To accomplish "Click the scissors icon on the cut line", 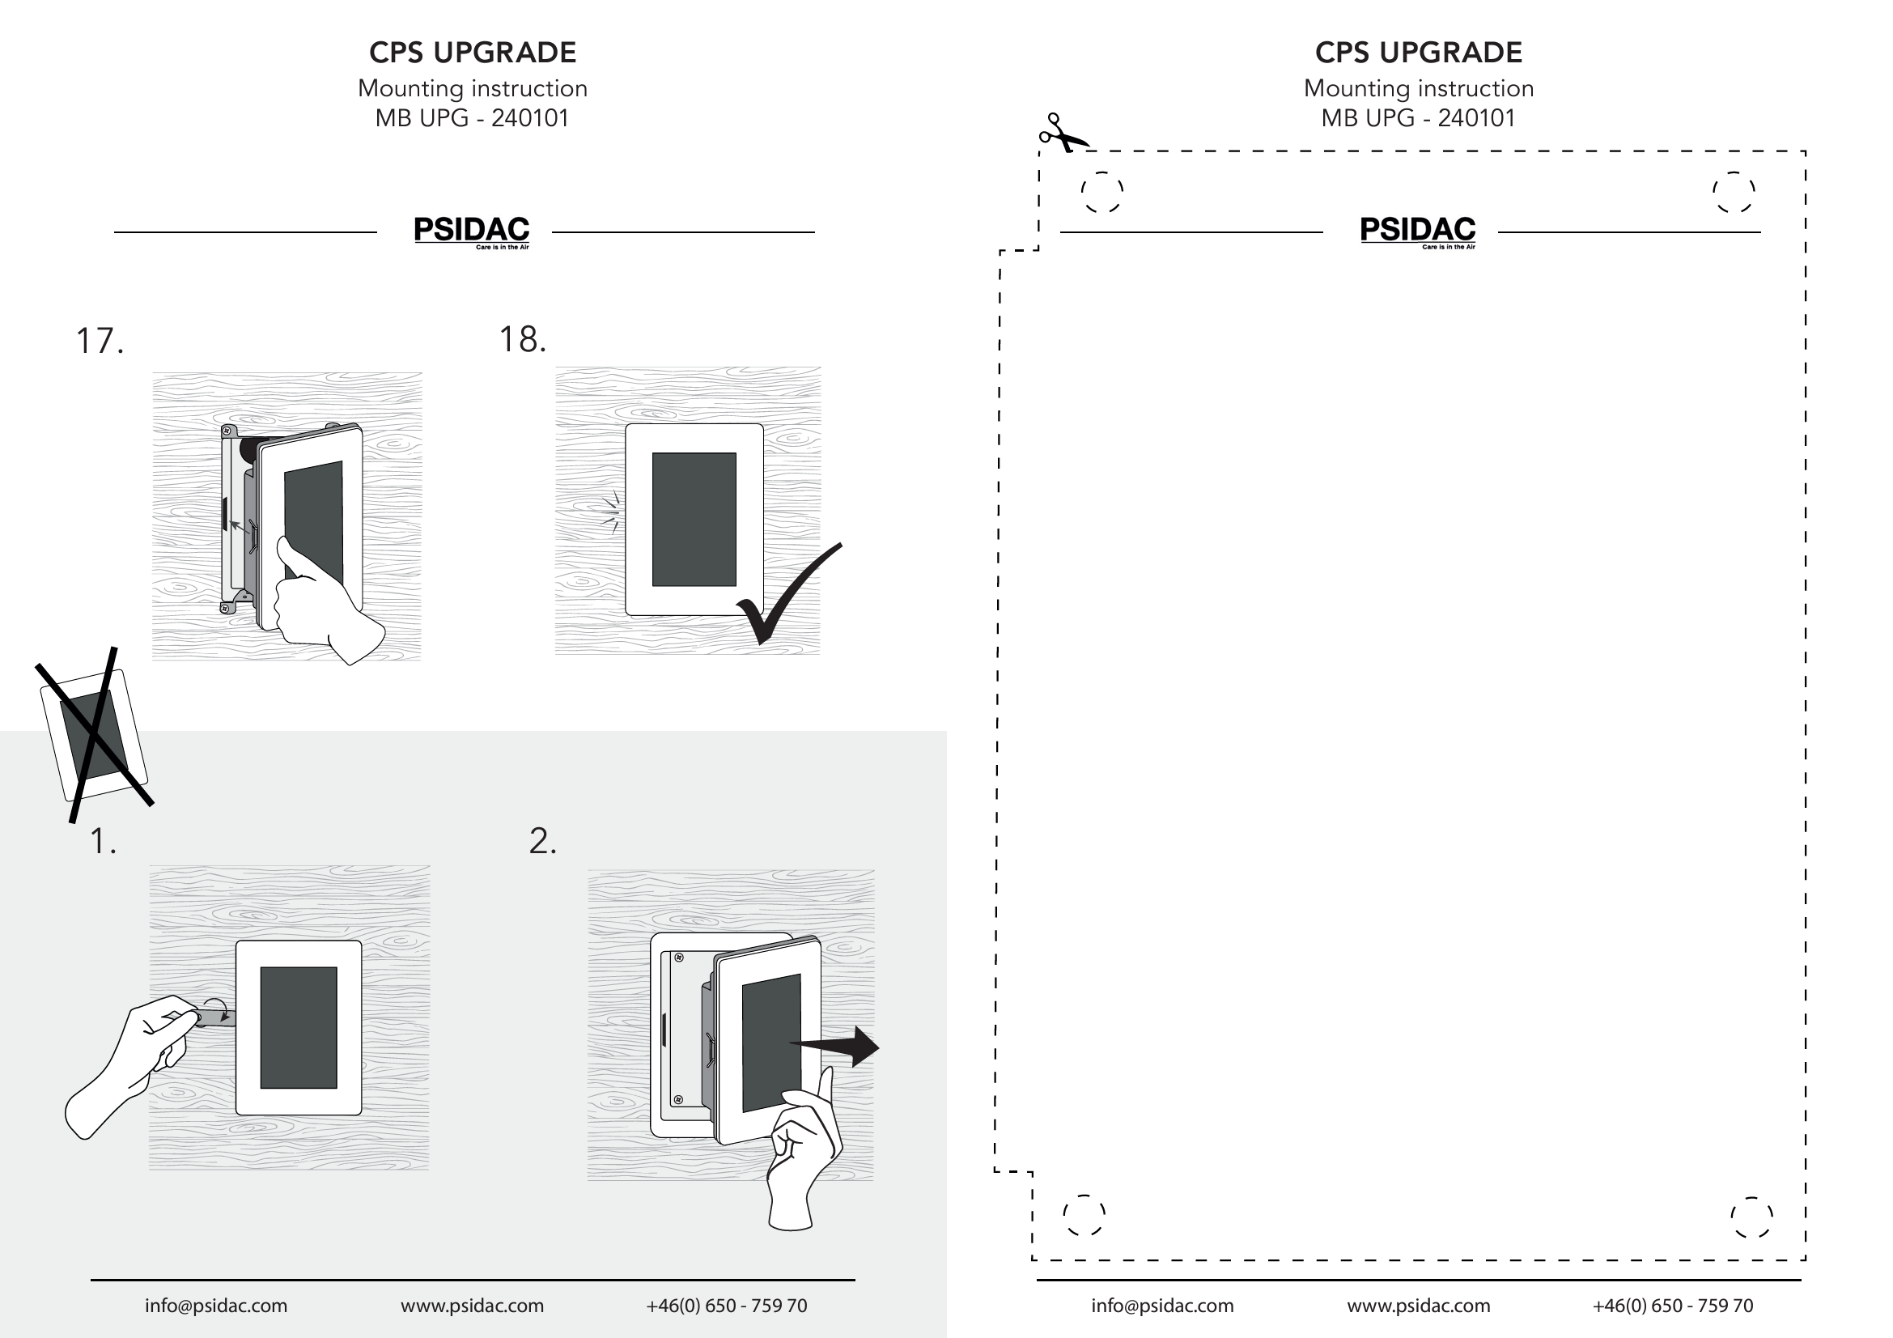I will click(x=1061, y=134).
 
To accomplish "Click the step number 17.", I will click(x=100, y=342).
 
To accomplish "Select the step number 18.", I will click(x=523, y=340).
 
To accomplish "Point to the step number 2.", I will click(x=542, y=842).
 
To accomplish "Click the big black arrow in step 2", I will click(x=841, y=1046).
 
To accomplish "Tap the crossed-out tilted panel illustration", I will click(x=94, y=733).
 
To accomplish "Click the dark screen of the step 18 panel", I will click(x=694, y=519).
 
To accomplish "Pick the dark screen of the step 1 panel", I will click(x=299, y=1027).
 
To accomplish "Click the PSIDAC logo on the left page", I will click(x=472, y=231).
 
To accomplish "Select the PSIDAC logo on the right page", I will click(x=1417, y=231).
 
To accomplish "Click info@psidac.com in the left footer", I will click(x=216, y=1306).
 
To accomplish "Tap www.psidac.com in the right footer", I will click(x=1418, y=1306).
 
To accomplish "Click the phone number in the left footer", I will click(x=726, y=1306).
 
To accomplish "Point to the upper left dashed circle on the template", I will click(x=1101, y=192).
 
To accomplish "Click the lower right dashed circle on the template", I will click(x=1751, y=1217).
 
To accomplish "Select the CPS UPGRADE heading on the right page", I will click(x=1418, y=53).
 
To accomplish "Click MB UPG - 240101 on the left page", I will click(x=472, y=119).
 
